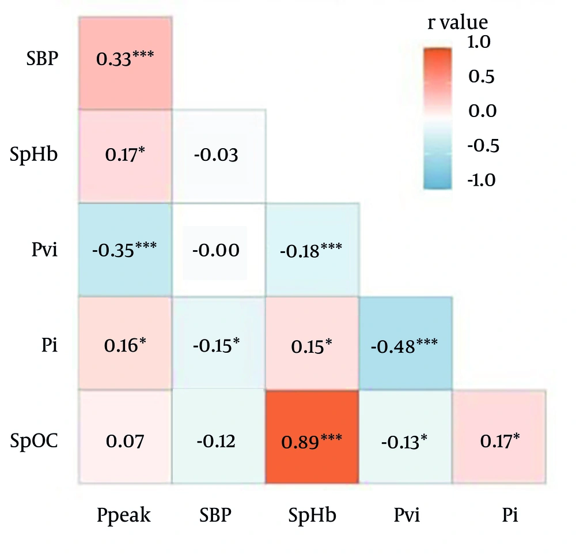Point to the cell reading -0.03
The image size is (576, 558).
pyautogui.click(x=219, y=156)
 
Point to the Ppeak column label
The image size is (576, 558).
pyautogui.click(x=124, y=515)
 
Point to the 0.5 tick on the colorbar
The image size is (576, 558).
pyautogui.click(x=482, y=76)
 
